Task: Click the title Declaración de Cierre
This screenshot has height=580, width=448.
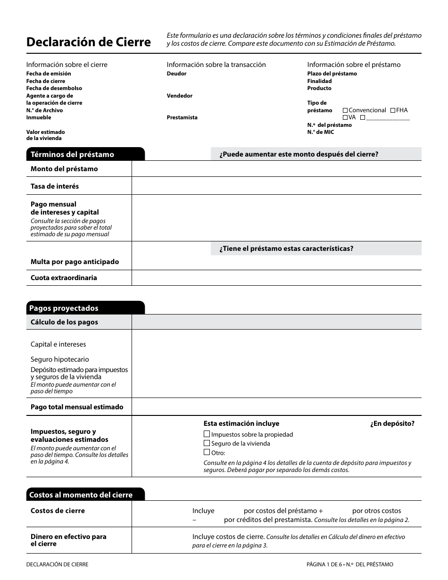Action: (89, 42)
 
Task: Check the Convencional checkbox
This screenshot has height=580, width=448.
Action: (345, 110)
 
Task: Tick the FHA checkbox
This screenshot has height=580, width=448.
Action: (393, 110)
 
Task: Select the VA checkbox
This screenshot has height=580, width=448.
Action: (345, 117)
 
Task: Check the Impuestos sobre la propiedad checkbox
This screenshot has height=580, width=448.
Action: (207, 434)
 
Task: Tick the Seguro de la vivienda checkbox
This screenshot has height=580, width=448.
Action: (207, 443)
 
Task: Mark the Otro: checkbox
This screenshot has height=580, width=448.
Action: (207, 452)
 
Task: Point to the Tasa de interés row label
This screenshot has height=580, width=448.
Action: (55, 186)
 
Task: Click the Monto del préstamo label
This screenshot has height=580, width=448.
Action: (64, 169)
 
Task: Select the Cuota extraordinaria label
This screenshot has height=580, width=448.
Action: (64, 278)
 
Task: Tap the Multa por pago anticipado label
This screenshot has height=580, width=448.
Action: (75, 262)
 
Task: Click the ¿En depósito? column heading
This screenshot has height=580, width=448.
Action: (392, 423)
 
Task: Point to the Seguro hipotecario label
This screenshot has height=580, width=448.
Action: (59, 359)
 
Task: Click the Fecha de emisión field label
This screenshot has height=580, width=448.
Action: (49, 74)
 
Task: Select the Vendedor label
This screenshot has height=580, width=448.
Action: (180, 96)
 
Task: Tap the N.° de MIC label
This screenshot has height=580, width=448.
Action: (321, 132)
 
